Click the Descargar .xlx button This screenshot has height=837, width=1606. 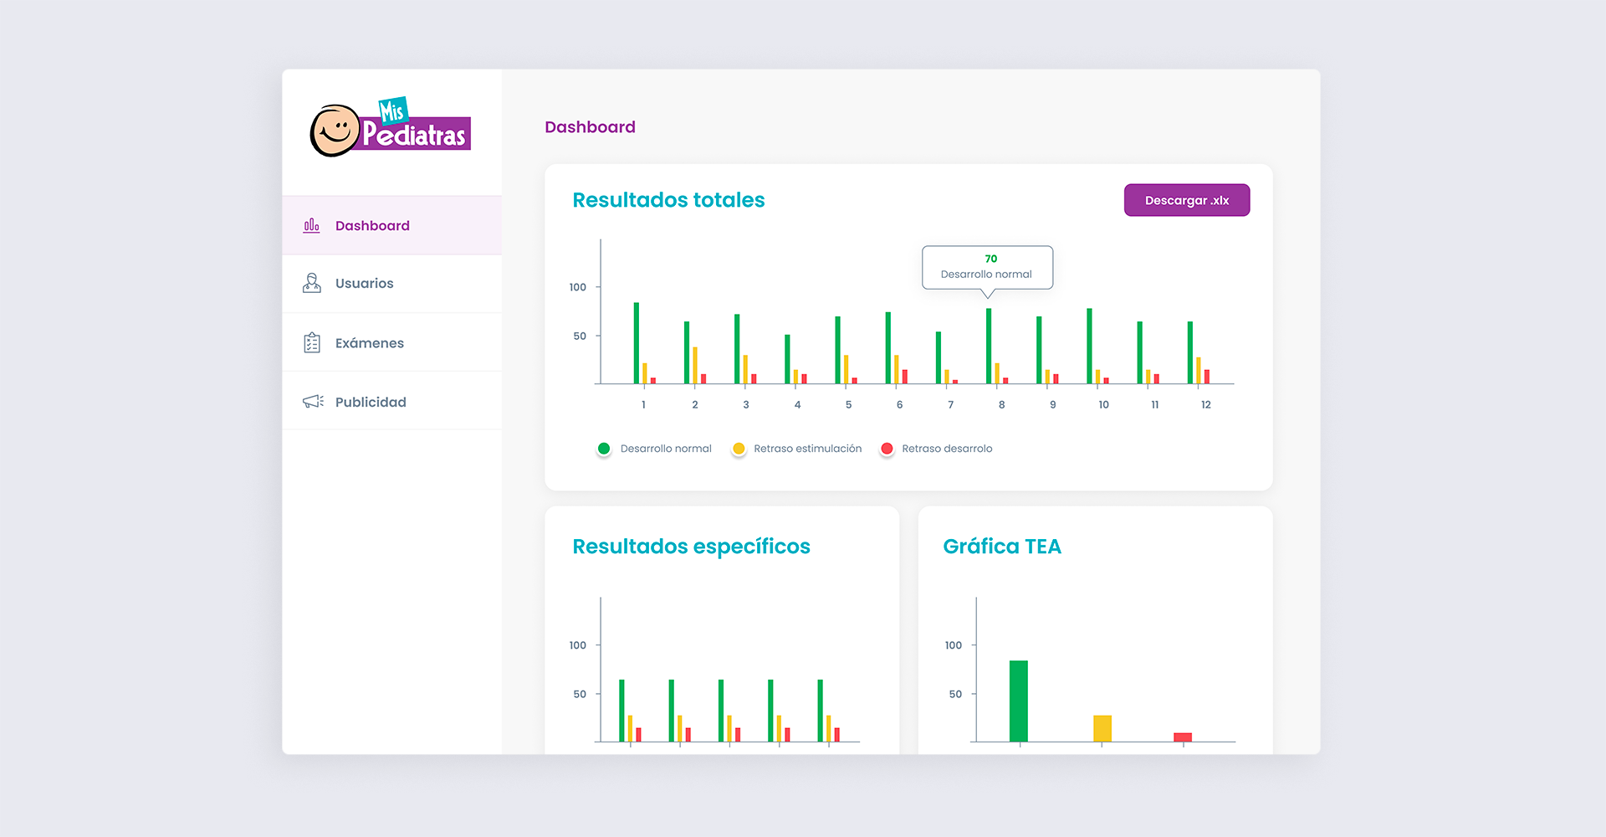click(x=1186, y=200)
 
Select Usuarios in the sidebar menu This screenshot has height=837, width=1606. click(x=364, y=284)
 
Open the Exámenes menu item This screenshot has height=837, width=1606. click(x=369, y=343)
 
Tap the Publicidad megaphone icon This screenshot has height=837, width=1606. click(x=313, y=402)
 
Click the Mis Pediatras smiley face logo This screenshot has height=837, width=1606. click(x=335, y=131)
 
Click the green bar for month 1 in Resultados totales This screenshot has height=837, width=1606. click(x=637, y=343)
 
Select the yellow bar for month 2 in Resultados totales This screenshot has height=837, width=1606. click(x=695, y=365)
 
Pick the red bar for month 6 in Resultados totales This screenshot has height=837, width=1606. click(x=905, y=377)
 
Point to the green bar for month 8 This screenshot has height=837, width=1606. click(x=989, y=346)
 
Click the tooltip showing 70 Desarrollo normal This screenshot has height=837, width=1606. click(x=987, y=267)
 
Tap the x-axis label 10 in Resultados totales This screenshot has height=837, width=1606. click(x=1103, y=405)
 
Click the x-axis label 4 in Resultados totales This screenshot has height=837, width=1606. click(x=797, y=405)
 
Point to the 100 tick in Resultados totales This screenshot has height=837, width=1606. click(x=578, y=287)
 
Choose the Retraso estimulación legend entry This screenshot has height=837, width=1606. click(x=807, y=449)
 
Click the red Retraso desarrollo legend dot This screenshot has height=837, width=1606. click(x=887, y=449)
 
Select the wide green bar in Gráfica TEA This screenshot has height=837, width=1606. click(x=1019, y=701)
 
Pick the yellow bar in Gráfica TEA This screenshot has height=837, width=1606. click(x=1102, y=728)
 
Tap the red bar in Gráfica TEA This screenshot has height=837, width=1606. click(x=1183, y=737)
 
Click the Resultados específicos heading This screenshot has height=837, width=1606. click(x=691, y=547)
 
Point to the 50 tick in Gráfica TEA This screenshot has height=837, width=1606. click(x=955, y=694)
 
